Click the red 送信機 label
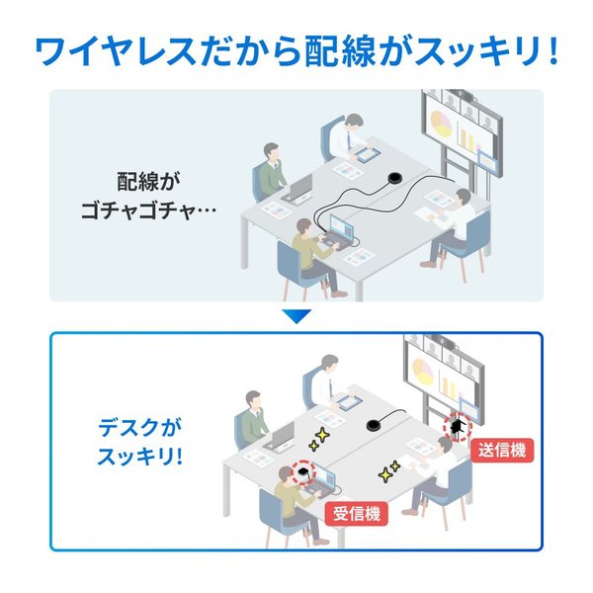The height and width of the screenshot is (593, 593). [502, 451]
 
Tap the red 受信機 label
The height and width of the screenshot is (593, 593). [356, 514]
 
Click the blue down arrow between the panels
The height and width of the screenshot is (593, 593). [296, 316]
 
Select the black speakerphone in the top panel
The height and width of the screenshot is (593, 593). [396, 177]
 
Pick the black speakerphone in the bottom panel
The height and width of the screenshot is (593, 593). [376, 425]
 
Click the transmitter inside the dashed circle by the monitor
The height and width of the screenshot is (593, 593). [458, 427]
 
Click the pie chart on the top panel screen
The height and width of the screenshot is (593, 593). [441, 124]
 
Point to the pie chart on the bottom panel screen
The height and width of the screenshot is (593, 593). [423, 371]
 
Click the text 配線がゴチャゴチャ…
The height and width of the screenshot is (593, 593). [148, 196]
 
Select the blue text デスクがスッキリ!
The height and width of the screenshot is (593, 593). [140, 442]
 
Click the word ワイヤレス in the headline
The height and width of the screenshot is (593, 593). [115, 50]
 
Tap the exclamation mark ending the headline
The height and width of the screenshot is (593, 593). [552, 50]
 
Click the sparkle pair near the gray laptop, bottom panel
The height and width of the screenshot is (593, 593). [319, 440]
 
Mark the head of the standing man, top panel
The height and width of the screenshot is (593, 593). [354, 121]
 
